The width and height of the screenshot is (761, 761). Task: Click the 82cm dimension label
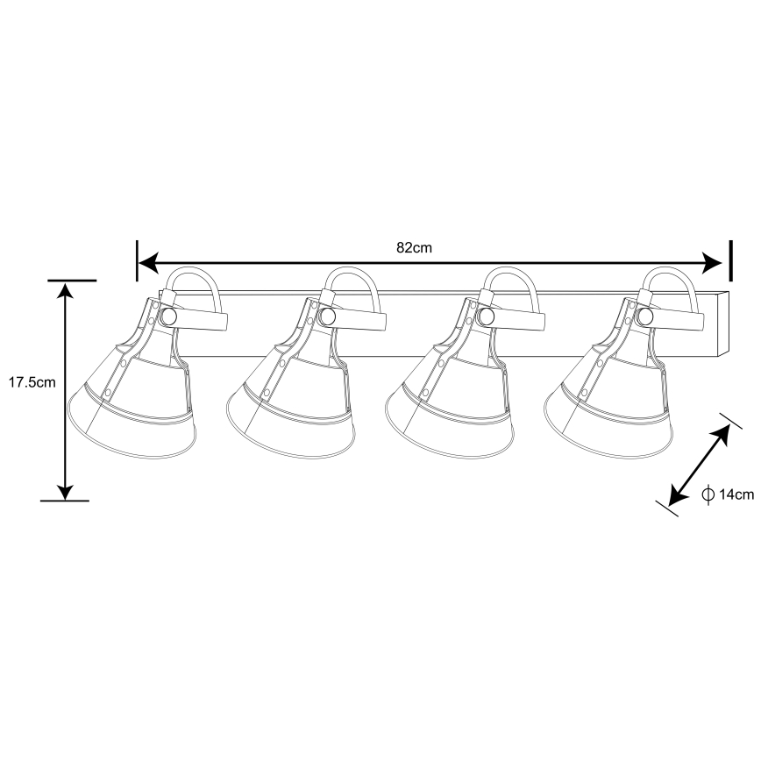coord(414,247)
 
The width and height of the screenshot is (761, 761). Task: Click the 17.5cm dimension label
coord(32,382)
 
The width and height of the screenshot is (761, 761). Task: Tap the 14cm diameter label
coord(736,494)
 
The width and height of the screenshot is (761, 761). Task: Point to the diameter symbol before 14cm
coord(708,494)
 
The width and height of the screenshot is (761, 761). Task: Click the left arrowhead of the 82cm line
coord(149,263)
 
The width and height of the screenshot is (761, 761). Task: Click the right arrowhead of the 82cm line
coord(712,263)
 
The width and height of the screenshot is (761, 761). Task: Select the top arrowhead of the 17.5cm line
coord(65,291)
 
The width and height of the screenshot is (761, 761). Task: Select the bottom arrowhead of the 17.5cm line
coord(65,490)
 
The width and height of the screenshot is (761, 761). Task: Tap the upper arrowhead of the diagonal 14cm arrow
coord(722,433)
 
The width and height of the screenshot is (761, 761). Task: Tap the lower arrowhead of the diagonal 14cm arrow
coord(677,497)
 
